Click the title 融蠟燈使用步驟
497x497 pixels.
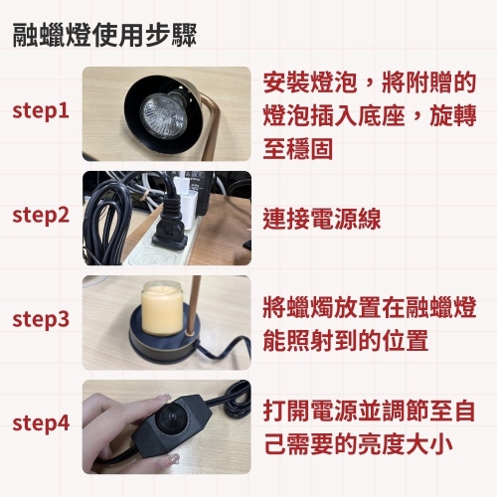point(104,35)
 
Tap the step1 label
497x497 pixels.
point(41,111)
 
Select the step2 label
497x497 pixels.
point(41,216)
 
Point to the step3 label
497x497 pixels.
point(41,320)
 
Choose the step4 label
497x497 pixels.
point(41,423)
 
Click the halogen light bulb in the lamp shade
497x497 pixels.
point(162,116)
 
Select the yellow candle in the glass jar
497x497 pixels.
point(162,309)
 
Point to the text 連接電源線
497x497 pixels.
point(322,219)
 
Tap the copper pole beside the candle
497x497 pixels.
point(193,306)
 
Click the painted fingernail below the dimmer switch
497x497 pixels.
point(172,460)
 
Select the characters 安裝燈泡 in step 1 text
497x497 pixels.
point(310,83)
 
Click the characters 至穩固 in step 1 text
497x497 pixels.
point(298,149)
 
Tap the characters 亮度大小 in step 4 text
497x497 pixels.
point(406,443)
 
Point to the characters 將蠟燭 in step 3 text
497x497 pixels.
point(298,307)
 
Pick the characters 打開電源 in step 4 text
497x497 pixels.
point(310,411)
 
